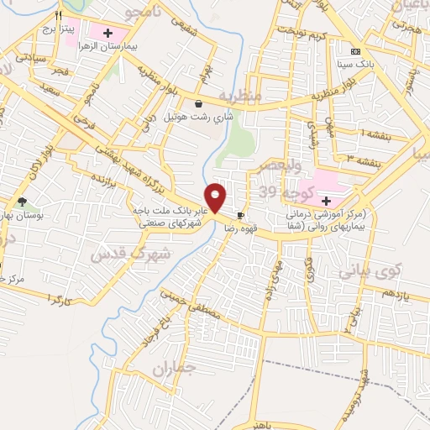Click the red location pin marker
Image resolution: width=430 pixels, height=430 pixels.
pyautogui.click(x=217, y=197)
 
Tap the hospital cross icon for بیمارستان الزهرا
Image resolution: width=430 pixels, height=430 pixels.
pyautogui.click(x=107, y=33)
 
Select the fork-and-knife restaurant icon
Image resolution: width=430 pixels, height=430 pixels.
pyautogui.click(x=58, y=16)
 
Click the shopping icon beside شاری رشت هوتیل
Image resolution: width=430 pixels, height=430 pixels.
pyautogui.click(x=198, y=104)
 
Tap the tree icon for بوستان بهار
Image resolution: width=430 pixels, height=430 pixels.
pyautogui.click(x=22, y=202)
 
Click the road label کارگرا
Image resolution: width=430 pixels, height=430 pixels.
pyautogui.click(x=63, y=298)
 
